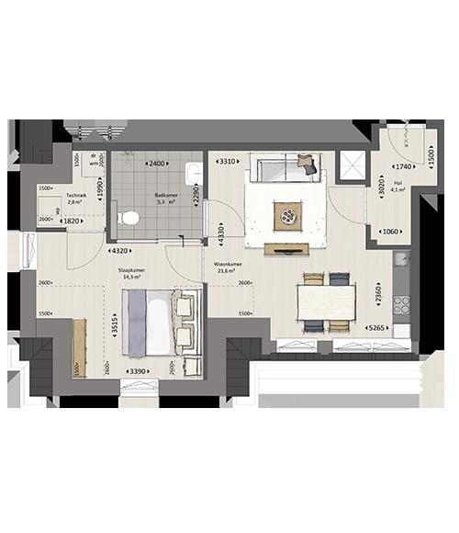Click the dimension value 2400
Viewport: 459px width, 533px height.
click(x=156, y=164)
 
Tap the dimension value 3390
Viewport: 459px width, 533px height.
click(x=138, y=372)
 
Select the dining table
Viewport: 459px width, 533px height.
click(x=326, y=301)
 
